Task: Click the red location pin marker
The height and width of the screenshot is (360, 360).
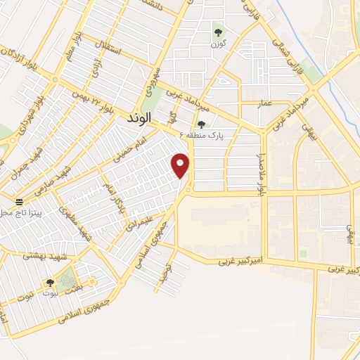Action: pos(181,165)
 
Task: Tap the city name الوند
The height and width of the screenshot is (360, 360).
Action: pos(139,120)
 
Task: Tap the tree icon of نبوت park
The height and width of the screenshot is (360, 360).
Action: pos(49,283)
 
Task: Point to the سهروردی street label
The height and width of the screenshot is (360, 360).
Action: pos(153,82)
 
